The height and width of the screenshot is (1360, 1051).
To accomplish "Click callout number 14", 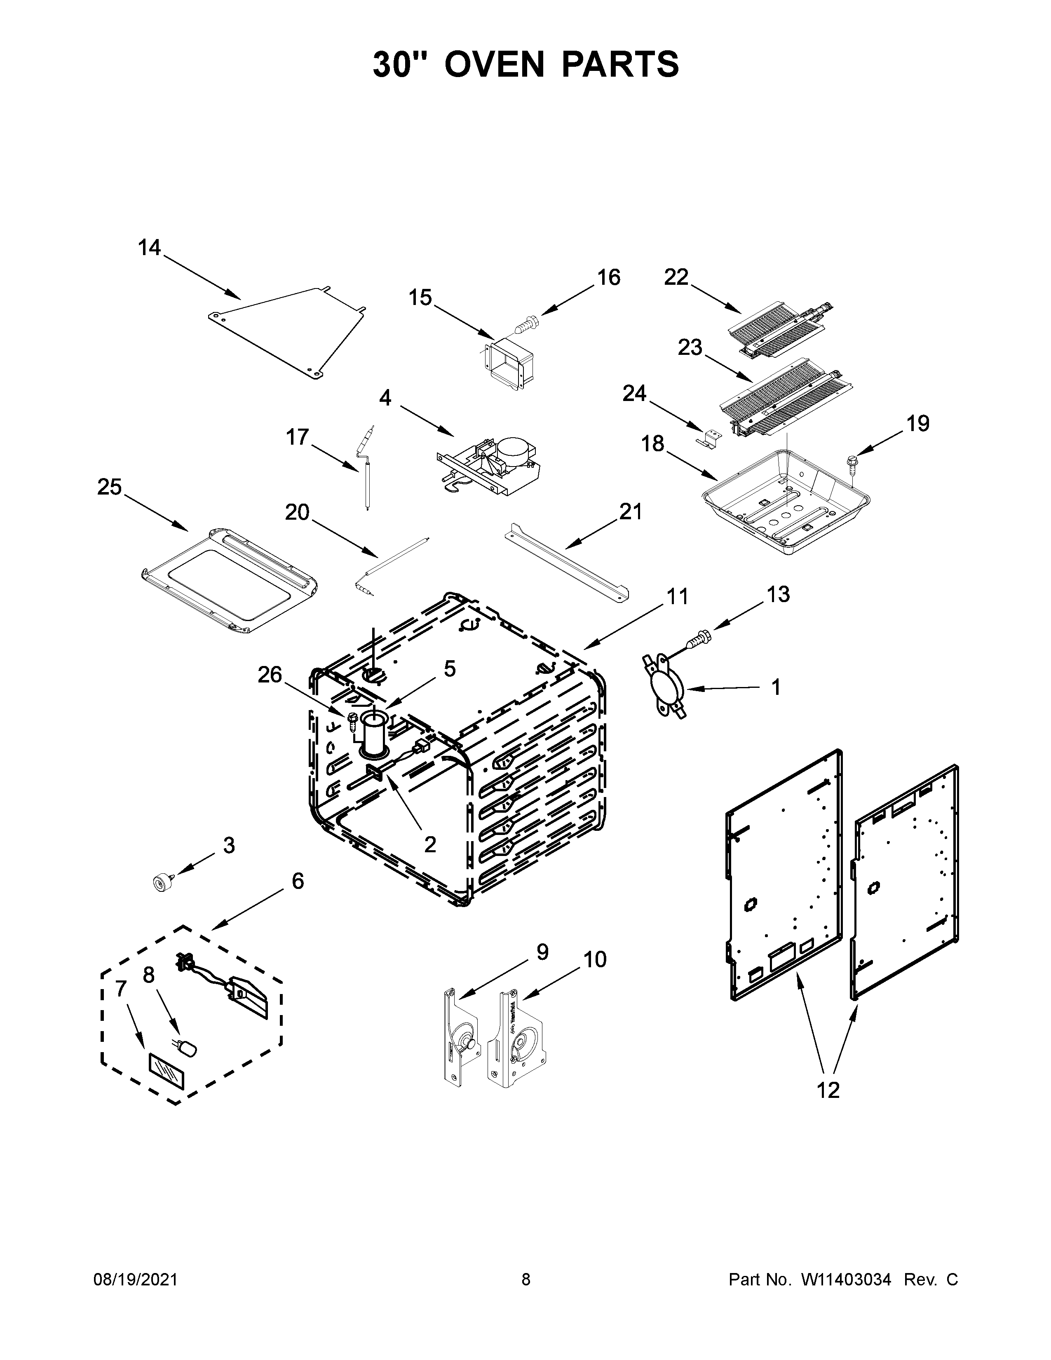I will point(150,248).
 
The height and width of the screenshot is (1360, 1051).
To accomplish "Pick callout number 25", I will point(110,486).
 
